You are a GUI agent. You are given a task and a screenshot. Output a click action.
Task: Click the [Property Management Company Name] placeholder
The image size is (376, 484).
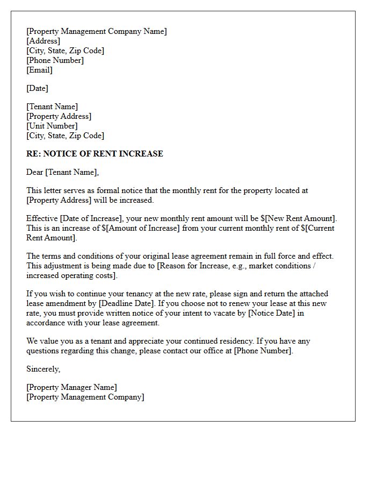click(97, 31)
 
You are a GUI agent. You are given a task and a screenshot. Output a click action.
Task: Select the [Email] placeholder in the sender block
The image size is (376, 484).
click(39, 70)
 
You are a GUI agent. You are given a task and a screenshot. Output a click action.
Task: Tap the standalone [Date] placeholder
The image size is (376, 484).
click(37, 88)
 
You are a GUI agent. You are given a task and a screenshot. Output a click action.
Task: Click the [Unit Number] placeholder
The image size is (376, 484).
click(52, 126)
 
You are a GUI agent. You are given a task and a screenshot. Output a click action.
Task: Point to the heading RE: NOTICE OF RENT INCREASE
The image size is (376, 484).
click(95, 154)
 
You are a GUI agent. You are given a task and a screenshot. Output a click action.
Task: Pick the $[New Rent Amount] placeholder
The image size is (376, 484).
click(303, 218)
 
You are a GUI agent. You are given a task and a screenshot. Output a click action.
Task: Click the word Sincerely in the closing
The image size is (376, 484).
click(43, 369)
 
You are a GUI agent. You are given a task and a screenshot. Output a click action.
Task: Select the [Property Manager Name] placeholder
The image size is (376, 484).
click(71, 387)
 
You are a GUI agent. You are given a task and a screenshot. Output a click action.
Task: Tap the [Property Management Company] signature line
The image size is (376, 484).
click(85, 397)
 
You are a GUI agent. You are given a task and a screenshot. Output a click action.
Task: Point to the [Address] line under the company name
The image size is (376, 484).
click(43, 41)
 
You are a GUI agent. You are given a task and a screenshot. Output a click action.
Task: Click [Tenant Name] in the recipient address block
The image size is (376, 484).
click(52, 106)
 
